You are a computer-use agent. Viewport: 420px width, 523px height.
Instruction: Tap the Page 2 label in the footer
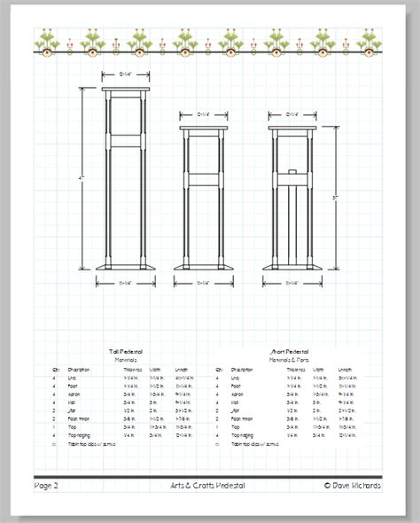(46, 485)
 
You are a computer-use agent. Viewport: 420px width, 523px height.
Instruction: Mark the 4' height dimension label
(82, 179)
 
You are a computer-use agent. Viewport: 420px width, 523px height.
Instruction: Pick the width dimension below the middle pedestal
(203, 283)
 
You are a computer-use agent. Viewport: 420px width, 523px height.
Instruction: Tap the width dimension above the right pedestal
(291, 113)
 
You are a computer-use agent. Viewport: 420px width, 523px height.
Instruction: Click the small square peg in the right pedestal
(291, 170)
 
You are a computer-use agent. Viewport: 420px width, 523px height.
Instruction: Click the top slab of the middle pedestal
(203, 128)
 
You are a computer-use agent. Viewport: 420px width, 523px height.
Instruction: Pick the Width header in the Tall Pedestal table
(155, 370)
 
